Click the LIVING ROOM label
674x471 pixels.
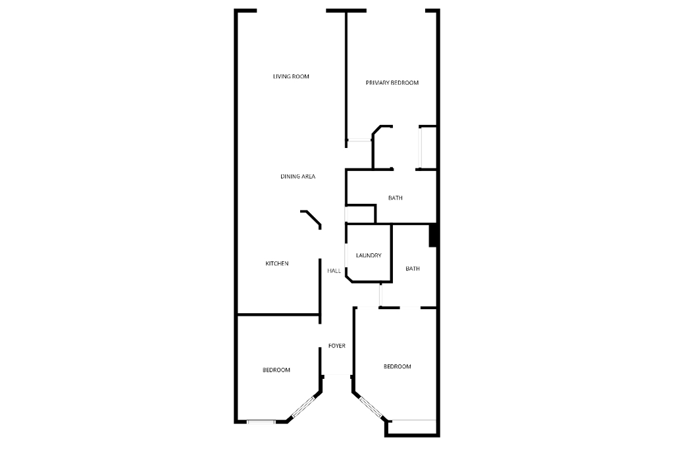tap(291, 77)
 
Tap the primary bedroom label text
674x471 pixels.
tap(392, 83)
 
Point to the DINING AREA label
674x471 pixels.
tap(298, 176)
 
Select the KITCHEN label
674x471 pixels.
tap(277, 264)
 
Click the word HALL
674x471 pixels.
tap(334, 271)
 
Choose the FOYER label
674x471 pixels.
tap(337, 346)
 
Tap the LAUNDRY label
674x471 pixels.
tap(369, 256)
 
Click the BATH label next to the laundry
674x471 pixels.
tap(413, 268)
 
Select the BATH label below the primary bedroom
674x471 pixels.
tap(395, 198)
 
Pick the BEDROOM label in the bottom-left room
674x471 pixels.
tap(276, 370)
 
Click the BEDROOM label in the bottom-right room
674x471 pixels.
tap(398, 366)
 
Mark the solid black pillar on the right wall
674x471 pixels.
tap(433, 235)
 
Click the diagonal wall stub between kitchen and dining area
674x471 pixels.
tap(311, 218)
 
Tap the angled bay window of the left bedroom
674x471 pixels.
tap(303, 407)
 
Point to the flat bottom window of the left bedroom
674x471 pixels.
tap(261, 422)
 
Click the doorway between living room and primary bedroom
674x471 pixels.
tap(359, 140)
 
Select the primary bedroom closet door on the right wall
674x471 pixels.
tap(421, 147)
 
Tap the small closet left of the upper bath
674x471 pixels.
tap(360, 214)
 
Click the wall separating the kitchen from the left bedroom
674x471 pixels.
tap(278, 314)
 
